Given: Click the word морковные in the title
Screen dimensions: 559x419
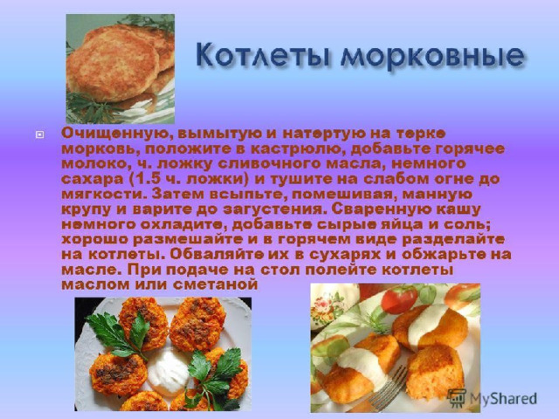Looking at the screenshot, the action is coord(432,56).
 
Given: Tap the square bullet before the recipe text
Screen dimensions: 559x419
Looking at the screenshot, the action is coord(40,134).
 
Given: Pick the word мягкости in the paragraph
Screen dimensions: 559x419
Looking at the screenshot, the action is coord(103,195).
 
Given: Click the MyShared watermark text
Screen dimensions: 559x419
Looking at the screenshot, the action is coord(503,399).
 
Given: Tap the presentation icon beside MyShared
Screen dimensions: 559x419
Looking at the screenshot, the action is coord(456,398).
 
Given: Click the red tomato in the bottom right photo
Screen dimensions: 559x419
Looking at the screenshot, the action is coord(399,299).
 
